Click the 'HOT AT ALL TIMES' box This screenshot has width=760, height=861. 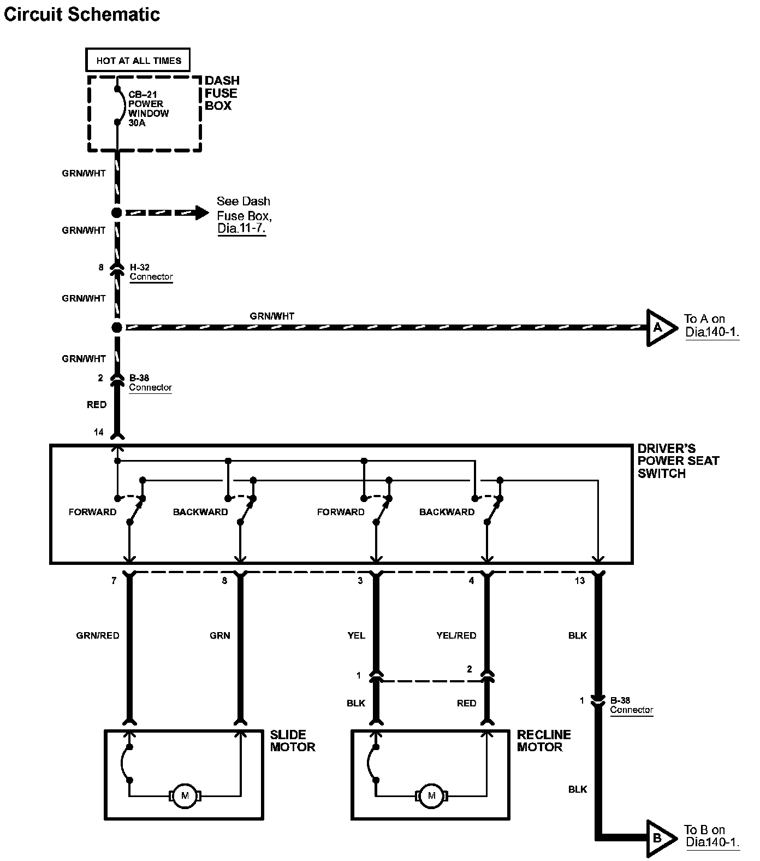(138, 61)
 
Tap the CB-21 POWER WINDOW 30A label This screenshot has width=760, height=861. (148, 109)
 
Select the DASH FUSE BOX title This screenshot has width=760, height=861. (222, 93)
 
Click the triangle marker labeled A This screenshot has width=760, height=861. (659, 328)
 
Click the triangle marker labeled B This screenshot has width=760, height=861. (659, 838)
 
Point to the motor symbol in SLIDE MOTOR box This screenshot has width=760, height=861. (185, 795)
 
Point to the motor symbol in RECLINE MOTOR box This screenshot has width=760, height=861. (432, 795)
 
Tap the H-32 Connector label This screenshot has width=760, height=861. (151, 272)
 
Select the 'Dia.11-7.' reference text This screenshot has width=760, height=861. (241, 228)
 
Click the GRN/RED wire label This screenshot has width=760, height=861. (98, 635)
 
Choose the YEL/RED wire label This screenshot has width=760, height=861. (456, 635)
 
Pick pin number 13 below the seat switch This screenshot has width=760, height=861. (579, 581)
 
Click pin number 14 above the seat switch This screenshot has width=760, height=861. (98, 432)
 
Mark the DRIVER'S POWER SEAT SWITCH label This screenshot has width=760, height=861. (678, 461)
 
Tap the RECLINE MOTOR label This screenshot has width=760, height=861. (543, 741)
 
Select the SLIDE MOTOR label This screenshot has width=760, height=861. (293, 741)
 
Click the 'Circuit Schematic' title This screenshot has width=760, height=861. (82, 15)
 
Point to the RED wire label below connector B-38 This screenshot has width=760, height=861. (97, 405)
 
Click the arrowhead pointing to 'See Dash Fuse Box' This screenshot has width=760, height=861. (201, 213)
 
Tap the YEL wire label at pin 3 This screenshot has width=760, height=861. (356, 635)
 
